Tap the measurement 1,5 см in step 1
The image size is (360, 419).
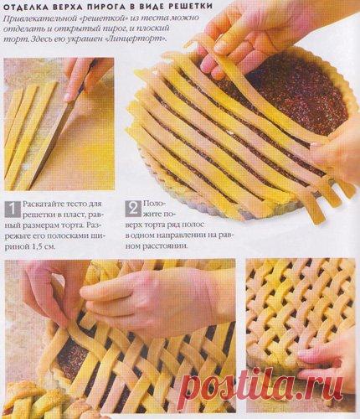[x=44, y=246]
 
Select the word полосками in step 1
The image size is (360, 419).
[x=69, y=236]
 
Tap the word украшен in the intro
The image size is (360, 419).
[x=95, y=39]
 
